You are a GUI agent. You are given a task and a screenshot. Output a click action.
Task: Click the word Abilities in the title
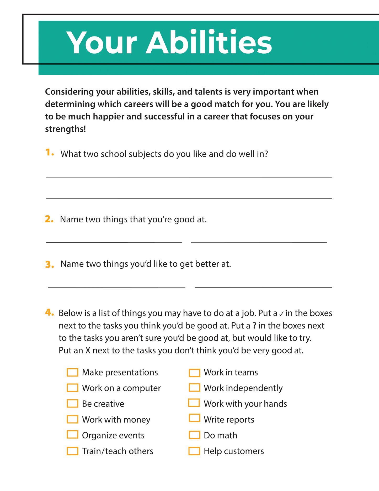pyautogui.click(x=209, y=43)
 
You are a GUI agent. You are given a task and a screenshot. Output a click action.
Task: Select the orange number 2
pyautogui.click(x=49, y=219)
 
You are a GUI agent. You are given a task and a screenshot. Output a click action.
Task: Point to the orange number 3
pyautogui.click(x=49, y=264)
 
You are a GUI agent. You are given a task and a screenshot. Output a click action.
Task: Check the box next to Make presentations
pyautogui.click(x=72, y=372)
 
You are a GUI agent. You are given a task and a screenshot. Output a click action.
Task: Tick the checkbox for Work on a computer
pyautogui.click(x=72, y=388)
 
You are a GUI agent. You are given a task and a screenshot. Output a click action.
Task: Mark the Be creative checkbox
pyautogui.click(x=72, y=404)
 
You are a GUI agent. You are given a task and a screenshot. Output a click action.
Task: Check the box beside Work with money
pyautogui.click(x=72, y=419)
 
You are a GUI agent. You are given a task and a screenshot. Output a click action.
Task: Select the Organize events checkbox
pyautogui.click(x=72, y=435)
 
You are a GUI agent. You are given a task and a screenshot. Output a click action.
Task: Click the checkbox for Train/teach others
pyautogui.click(x=72, y=451)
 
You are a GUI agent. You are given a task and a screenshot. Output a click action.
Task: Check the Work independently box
pyautogui.click(x=194, y=388)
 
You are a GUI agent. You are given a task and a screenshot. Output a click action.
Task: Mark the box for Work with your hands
pyautogui.click(x=194, y=403)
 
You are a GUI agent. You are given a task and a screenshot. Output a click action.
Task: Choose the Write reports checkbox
pyautogui.click(x=194, y=418)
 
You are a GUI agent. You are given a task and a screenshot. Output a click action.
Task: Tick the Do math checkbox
pyautogui.click(x=194, y=435)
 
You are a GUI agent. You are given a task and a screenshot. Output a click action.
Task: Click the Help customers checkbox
pyautogui.click(x=194, y=451)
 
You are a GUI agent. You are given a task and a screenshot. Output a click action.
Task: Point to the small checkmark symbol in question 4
pyautogui.click(x=281, y=314)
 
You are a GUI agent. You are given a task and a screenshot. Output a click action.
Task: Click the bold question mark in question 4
pyautogui.click(x=254, y=326)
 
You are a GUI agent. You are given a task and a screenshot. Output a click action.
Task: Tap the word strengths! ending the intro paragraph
pyautogui.click(x=66, y=129)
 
